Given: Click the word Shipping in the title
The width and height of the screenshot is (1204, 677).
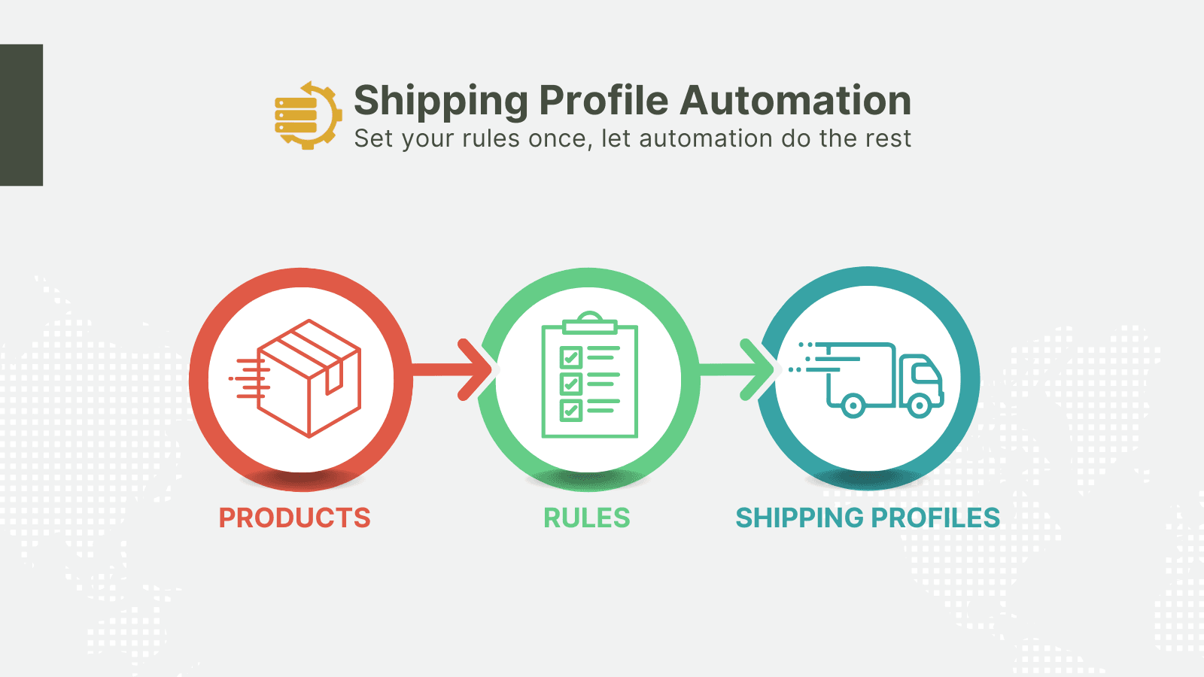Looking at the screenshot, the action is tap(441, 101).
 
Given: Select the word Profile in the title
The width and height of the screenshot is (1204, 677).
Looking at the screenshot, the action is tap(604, 100).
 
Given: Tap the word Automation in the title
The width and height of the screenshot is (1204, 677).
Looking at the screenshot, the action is tap(795, 100).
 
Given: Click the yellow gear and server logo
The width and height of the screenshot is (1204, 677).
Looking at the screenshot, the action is tap(308, 115).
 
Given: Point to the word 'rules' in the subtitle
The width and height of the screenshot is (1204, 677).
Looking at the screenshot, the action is tap(491, 138).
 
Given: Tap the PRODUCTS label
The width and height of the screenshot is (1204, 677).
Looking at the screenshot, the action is tap(294, 518).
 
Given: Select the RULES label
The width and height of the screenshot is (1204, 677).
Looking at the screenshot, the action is tap(587, 518).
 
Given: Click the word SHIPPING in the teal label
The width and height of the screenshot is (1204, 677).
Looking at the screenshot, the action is tap(798, 518).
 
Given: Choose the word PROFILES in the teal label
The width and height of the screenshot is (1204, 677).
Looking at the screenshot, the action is tap(935, 518).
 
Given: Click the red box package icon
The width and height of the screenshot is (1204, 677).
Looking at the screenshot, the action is tap(296, 378).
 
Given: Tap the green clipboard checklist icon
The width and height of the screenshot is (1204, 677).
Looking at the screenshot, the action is tap(590, 375).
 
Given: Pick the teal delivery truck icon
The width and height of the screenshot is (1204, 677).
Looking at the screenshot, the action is tap(866, 380).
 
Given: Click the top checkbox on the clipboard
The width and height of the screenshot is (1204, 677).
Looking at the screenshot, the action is tap(571, 357).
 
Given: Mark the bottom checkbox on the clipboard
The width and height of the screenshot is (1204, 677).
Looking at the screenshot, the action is tap(571, 411).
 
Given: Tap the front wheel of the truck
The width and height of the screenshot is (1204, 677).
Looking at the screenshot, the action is tap(919, 405).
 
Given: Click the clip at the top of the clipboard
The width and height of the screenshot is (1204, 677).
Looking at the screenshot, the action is tap(590, 323).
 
